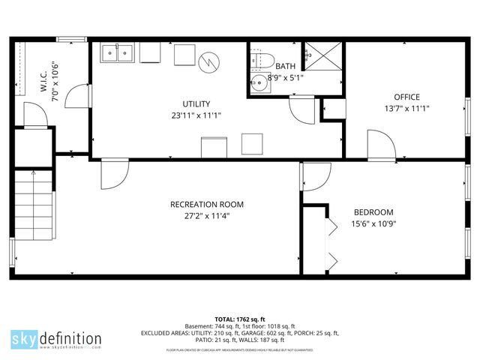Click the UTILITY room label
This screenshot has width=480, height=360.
click(x=196, y=104)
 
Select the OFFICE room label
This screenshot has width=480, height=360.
click(x=406, y=97)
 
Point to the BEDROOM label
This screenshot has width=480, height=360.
click(x=373, y=212)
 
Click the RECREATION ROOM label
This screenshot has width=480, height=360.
click(x=206, y=204)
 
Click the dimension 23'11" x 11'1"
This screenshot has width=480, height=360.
click(x=196, y=115)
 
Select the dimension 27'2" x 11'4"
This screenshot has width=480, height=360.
click(x=206, y=215)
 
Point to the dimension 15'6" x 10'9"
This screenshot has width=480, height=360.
click(x=373, y=223)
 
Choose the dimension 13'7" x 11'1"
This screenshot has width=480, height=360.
click(x=406, y=108)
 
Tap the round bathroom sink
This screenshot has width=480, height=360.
click(x=259, y=82)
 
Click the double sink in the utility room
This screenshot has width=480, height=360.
click(x=119, y=52)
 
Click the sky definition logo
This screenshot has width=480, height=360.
click(x=55, y=338)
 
